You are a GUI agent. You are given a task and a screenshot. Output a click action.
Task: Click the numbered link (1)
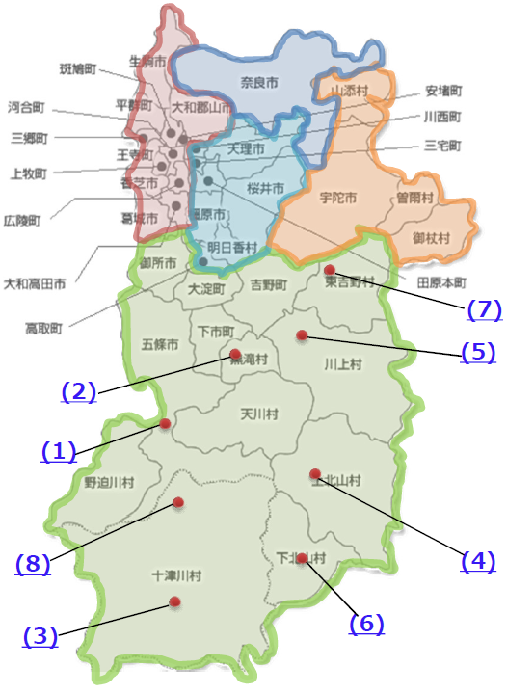(58, 450)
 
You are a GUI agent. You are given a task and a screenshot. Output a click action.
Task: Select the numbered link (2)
(78, 391)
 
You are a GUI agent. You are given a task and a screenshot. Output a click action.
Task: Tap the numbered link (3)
(40, 635)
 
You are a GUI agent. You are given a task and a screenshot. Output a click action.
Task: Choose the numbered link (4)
(478, 560)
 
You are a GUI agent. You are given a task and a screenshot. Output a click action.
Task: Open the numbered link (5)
(478, 352)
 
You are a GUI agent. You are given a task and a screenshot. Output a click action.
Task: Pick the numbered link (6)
(366, 624)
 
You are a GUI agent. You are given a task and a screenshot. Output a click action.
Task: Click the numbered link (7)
(485, 309)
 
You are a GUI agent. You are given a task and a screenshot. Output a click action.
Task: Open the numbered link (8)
(33, 563)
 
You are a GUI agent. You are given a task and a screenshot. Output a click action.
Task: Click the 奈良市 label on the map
(257, 84)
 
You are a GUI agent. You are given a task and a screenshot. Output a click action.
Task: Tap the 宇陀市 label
(337, 199)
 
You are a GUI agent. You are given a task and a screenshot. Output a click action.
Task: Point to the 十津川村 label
(177, 575)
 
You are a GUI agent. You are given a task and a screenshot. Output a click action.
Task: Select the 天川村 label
(258, 414)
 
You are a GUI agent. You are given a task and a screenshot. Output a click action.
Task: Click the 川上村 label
(342, 363)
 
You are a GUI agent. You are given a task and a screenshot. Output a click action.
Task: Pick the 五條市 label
(159, 344)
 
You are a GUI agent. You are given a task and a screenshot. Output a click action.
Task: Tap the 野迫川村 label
(109, 481)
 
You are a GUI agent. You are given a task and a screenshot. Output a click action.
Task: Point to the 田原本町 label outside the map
(441, 283)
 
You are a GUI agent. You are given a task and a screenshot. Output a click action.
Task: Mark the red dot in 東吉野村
(330, 270)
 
